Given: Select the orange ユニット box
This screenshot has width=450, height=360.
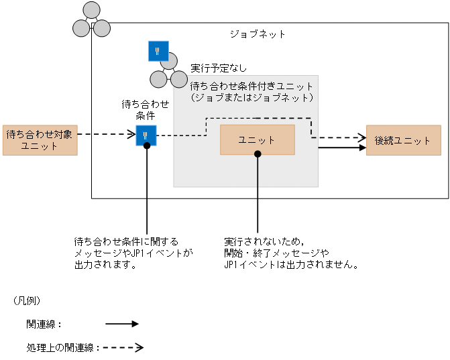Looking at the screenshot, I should pyautogui.click(x=257, y=139).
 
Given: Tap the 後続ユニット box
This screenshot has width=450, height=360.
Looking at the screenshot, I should pyautogui.click(x=402, y=140).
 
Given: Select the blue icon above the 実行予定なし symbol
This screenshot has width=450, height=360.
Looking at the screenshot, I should pyautogui.click(x=158, y=51).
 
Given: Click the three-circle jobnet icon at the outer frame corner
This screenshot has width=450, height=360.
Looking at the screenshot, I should pyautogui.click(x=91, y=21).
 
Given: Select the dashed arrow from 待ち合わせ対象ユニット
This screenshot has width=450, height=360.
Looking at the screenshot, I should pyautogui.click(x=107, y=134).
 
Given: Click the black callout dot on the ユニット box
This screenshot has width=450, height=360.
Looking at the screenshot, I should pyautogui.click(x=257, y=154).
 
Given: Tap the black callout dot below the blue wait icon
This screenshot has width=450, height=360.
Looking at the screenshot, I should pyautogui.click(x=146, y=145).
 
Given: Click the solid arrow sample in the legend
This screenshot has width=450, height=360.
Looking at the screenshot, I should pyautogui.click(x=121, y=323).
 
